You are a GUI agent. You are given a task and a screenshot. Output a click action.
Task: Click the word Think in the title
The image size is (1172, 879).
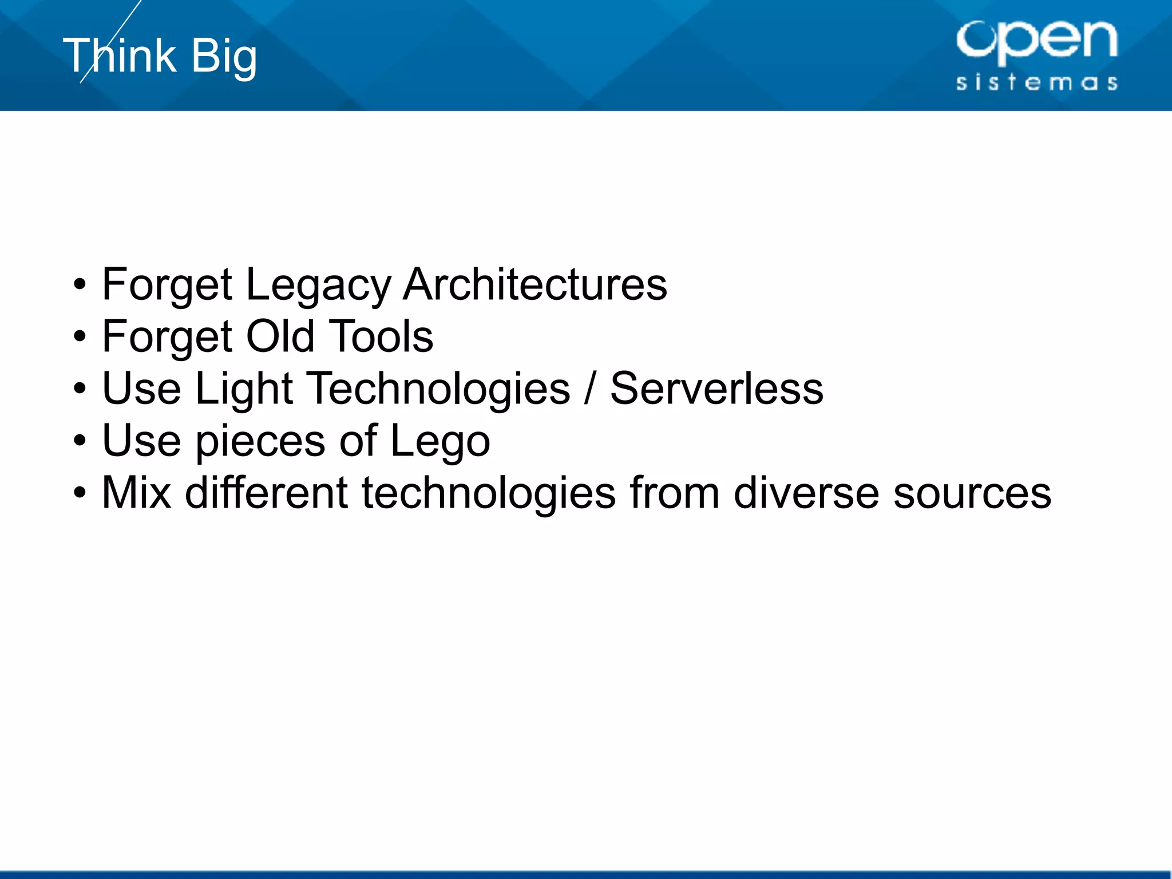point(120,56)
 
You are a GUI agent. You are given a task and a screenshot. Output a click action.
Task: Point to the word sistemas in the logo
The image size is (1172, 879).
point(1036,82)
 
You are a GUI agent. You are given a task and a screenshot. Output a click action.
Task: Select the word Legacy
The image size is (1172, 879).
point(318,286)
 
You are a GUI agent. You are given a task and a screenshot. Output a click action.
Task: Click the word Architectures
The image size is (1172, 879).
point(534,284)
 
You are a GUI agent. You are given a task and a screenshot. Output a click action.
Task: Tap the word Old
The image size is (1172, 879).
point(280,336)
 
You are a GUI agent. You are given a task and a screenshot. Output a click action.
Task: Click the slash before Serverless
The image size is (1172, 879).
point(589,389)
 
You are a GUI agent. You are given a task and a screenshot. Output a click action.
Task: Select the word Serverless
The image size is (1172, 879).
point(716,389)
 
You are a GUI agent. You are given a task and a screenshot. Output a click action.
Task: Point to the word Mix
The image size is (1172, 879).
point(136,493)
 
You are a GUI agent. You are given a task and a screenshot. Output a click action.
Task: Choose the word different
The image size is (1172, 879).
point(266,493)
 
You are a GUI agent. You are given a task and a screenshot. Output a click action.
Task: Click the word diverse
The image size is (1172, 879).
point(806,493)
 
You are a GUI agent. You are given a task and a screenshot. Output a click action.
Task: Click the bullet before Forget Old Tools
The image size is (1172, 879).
point(80,336)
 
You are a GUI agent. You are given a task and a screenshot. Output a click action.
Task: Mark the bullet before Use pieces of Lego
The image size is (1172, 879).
point(80,441)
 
